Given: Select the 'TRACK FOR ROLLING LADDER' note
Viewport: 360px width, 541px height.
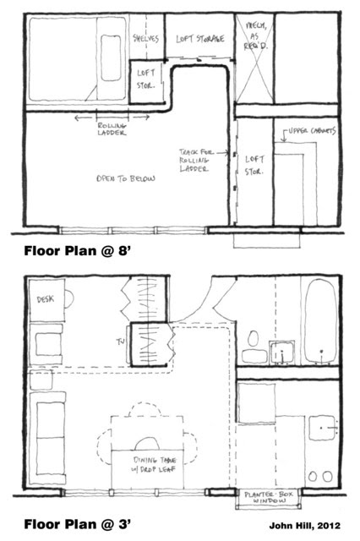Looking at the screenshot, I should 196,160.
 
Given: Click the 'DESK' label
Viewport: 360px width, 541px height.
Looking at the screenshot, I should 44,300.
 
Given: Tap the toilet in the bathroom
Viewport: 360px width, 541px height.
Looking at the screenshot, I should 251,346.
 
